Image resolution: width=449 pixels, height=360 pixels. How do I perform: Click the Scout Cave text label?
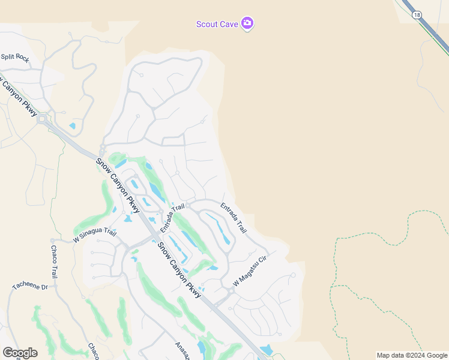click(x=217, y=24)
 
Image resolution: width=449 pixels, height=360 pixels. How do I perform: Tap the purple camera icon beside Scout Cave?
click(x=247, y=23)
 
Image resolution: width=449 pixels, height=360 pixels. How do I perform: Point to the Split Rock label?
click(x=15, y=58)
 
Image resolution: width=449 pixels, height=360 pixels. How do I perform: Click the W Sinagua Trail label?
click(x=94, y=235)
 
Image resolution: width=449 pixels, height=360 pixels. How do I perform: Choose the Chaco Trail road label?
click(x=53, y=262)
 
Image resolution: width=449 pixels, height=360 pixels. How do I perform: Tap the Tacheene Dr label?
click(x=29, y=286)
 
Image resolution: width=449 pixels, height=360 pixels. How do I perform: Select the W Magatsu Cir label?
click(x=249, y=271)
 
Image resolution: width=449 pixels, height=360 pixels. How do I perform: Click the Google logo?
click(x=20, y=353)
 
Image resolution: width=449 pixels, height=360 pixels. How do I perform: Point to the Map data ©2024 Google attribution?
click(x=412, y=355)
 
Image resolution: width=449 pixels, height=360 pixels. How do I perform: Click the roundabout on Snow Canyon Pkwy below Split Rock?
click(x=42, y=119)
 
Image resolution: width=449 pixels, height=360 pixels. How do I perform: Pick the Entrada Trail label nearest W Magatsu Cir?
click(x=234, y=218)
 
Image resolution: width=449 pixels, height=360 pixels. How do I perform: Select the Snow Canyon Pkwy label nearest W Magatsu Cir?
click(x=179, y=266)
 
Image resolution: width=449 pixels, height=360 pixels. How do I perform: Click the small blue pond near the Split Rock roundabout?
click(x=73, y=126)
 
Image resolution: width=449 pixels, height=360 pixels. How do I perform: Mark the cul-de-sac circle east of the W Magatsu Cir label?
click(x=293, y=275)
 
